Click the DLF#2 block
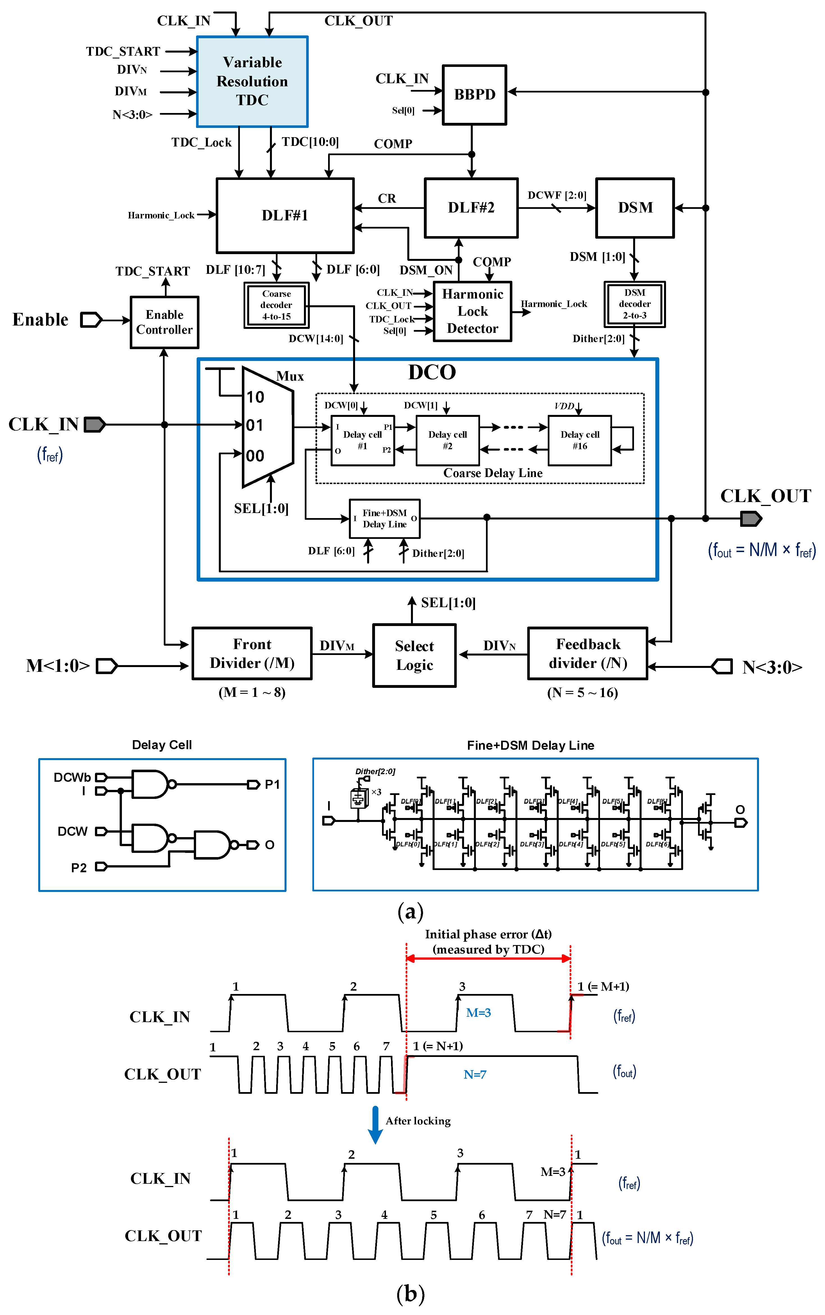[471, 207]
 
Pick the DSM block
[635, 207]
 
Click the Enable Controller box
[164, 322]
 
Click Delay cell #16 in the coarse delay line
[579, 440]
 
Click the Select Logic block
[414, 655]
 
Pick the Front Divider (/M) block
[252, 653]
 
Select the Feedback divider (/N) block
[588, 653]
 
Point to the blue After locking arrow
[375, 1124]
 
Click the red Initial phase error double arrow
[488, 959]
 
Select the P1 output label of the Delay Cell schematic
[272, 784]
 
